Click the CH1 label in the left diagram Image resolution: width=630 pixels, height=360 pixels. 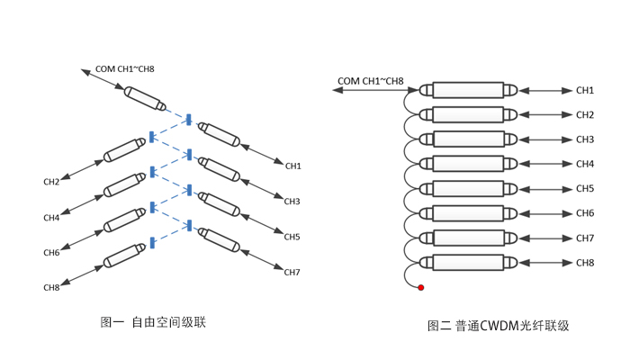coord(293,166)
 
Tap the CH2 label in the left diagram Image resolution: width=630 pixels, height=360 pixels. coord(51,183)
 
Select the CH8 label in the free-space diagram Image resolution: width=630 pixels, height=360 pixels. coord(51,287)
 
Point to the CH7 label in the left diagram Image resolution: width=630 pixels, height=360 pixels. coord(292,272)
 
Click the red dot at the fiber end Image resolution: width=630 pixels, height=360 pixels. coord(420,287)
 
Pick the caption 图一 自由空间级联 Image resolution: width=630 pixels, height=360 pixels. coord(154,321)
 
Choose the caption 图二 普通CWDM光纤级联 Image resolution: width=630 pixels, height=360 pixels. coord(499,326)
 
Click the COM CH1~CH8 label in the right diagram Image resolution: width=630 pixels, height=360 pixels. coord(370,81)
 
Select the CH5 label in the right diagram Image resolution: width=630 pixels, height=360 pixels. coord(585,188)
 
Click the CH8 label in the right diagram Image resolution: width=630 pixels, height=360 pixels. coord(585,263)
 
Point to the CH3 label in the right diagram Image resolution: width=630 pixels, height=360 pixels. coord(585,139)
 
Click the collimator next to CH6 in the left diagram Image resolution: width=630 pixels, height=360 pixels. coord(124,223)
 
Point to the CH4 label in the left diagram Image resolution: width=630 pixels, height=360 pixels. coord(51,218)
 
